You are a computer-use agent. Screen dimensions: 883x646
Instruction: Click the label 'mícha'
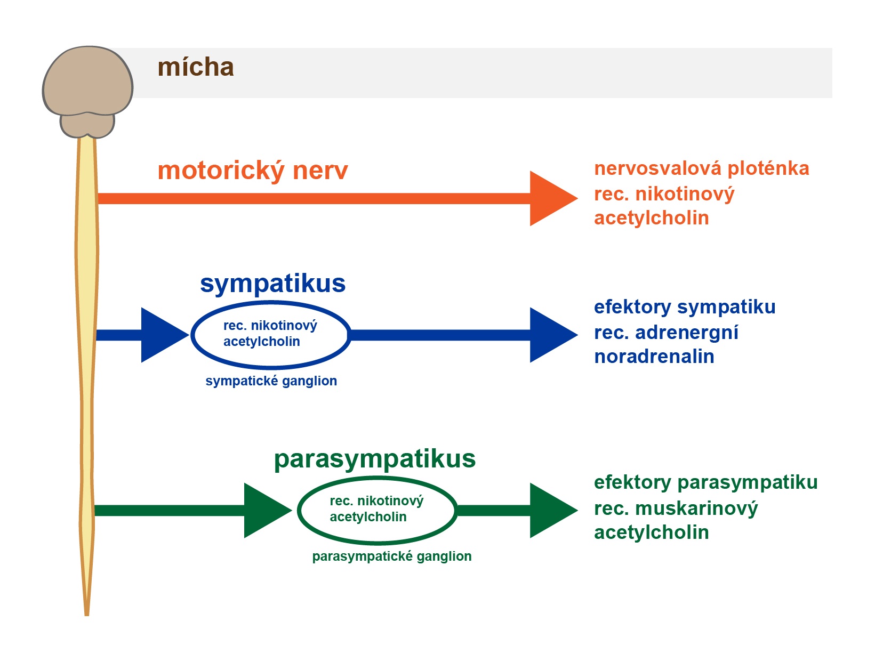196,67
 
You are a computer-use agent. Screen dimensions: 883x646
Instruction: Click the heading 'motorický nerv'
253,171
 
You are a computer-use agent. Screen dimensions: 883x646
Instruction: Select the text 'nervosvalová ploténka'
701,168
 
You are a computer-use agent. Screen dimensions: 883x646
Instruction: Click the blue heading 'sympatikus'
273,284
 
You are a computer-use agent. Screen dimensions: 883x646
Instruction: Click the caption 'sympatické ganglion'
271,381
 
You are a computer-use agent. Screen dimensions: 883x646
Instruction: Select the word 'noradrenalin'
654,357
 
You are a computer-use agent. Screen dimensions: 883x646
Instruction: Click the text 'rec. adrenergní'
666,333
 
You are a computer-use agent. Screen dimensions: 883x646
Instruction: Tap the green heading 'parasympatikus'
375,459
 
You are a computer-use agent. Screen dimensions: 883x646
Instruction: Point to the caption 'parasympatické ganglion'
392,556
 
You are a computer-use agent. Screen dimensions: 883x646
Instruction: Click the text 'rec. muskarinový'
676,508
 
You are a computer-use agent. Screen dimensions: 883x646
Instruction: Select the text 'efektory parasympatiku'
705,483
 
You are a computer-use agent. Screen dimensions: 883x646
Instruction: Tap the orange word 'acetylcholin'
651,218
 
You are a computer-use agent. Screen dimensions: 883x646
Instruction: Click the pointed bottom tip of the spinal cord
87,615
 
